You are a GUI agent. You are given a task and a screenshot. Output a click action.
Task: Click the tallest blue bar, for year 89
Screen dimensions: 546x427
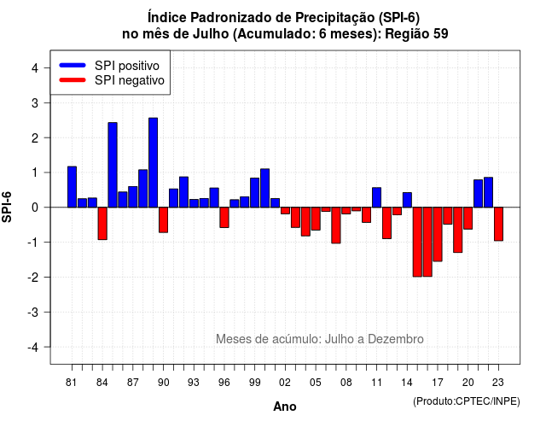(x=154, y=162)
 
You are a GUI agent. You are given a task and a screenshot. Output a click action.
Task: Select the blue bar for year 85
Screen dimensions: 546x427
(x=113, y=165)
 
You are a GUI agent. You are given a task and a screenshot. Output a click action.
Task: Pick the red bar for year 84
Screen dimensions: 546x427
(x=102, y=224)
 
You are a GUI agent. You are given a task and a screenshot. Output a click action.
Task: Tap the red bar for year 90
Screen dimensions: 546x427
(x=163, y=220)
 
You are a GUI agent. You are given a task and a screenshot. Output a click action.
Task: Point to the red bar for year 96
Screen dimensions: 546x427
(x=224, y=218)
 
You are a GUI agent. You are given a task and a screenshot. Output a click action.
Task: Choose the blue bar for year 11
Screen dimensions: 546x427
(x=377, y=197)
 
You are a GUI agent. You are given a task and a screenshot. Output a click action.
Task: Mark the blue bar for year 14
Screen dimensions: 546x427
(x=408, y=200)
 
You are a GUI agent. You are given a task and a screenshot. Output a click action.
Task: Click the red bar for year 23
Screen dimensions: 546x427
(x=498, y=224)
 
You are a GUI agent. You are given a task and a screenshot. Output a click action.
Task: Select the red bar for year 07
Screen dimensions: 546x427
(x=336, y=225)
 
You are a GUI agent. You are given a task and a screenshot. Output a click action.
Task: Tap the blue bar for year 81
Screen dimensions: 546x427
(x=72, y=187)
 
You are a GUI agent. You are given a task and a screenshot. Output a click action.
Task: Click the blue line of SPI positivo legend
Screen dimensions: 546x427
(x=73, y=65)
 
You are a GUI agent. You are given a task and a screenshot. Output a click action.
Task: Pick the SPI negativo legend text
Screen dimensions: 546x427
(x=130, y=80)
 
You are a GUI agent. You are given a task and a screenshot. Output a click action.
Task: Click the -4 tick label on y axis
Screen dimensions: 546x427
(x=33, y=348)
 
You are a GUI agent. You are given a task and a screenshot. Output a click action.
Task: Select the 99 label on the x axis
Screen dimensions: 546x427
(x=254, y=383)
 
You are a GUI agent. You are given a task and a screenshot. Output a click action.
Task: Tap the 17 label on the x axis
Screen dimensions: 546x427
(x=438, y=383)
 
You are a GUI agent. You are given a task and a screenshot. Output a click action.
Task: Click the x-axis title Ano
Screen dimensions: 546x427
(x=285, y=407)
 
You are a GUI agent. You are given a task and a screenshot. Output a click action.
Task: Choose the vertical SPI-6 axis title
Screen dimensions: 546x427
(x=7, y=207)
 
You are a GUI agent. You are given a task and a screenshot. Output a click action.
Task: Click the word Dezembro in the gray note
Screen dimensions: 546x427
(x=396, y=339)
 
